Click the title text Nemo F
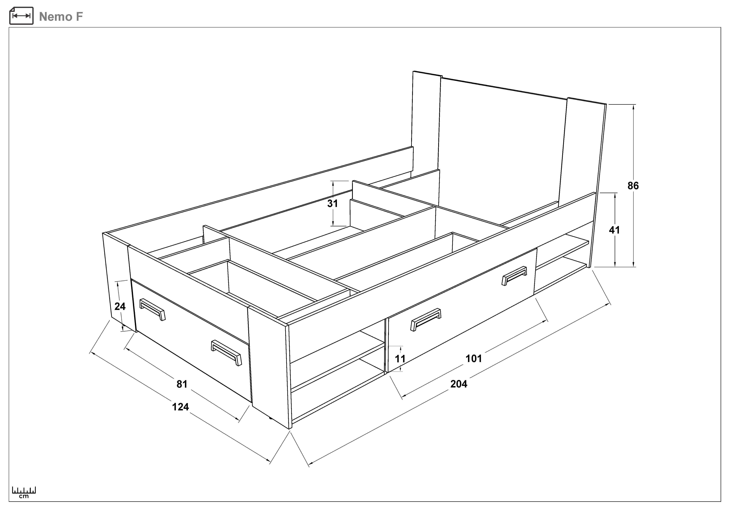point(61,17)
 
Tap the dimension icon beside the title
point(21,16)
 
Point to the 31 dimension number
point(333,203)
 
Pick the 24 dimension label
point(120,306)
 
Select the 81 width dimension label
point(182,384)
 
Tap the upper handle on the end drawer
point(153,309)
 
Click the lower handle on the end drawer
point(226,353)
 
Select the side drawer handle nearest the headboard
point(514,275)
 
